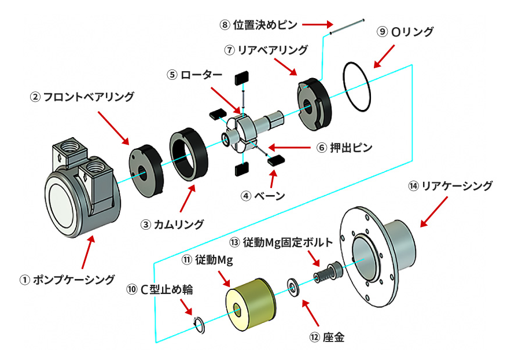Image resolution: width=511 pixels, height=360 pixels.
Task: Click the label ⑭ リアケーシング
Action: click(450, 186)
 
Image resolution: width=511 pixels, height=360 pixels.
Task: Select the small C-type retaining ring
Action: click(198, 325)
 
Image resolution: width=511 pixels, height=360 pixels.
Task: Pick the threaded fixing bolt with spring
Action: click(325, 270)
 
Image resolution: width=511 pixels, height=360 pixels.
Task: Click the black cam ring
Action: click(189, 153)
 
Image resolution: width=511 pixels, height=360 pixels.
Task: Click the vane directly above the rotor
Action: click(241, 79)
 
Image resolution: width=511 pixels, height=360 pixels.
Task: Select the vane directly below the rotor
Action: click(242, 168)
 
